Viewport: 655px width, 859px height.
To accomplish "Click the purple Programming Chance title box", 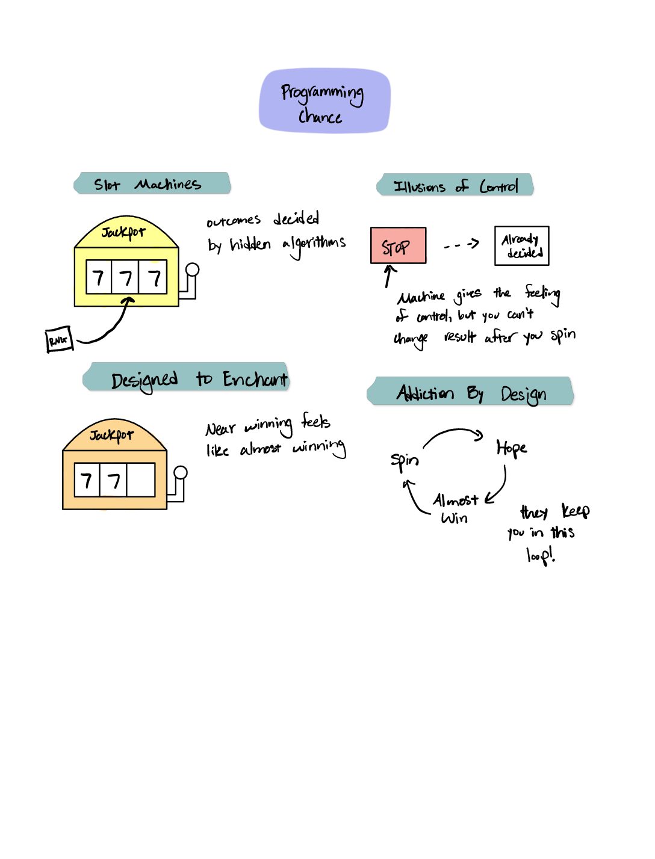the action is coord(324,101).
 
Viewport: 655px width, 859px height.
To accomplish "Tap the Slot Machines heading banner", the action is coord(152,183).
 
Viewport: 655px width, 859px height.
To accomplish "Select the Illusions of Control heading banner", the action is coord(455,184).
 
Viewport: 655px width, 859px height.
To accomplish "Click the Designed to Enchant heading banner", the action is coord(186,376).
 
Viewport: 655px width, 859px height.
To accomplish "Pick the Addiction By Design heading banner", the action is coord(470,390).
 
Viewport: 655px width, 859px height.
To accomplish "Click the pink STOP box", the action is coord(398,245).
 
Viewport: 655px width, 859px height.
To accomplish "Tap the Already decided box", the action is coord(521,246).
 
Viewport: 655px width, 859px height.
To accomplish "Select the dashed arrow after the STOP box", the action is coord(461,244).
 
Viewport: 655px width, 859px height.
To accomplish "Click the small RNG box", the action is coord(60,339).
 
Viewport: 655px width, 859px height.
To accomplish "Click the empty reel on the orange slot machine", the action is coord(140,480).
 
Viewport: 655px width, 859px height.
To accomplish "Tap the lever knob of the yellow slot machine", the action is coord(192,269).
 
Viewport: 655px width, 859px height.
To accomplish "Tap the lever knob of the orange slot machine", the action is coord(181,473).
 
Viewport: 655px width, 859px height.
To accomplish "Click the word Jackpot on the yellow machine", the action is coord(123,232).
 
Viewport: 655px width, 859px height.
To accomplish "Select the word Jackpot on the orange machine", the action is coord(111,435).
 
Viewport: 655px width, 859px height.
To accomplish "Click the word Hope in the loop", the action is coord(511,448).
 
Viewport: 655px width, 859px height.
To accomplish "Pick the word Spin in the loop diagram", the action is coord(405,462).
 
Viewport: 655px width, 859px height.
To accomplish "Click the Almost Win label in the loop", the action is coord(455,508).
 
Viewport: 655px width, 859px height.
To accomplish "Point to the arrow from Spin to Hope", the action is coord(454,431).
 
